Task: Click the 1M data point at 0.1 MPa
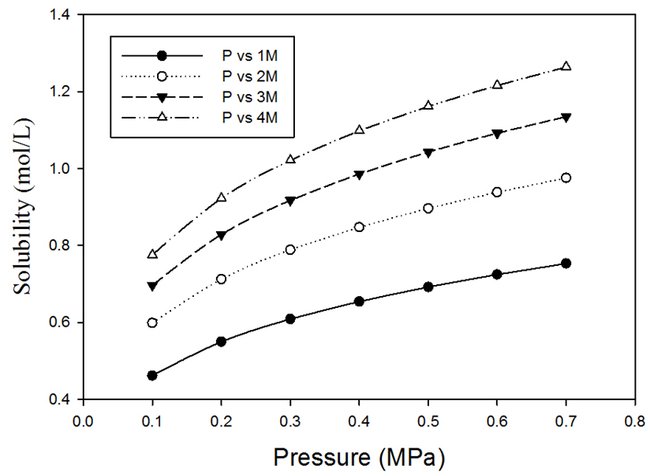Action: [x=152, y=375]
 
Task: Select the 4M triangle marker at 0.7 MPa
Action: [x=566, y=66]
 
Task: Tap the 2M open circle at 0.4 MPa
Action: [x=359, y=227]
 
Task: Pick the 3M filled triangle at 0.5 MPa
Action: [x=428, y=153]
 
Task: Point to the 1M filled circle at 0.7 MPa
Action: [x=566, y=263]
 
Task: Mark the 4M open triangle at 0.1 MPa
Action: [x=152, y=254]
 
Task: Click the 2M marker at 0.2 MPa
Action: [x=221, y=279]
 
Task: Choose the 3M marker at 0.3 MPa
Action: [x=290, y=201]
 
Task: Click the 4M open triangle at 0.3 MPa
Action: [x=290, y=159]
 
